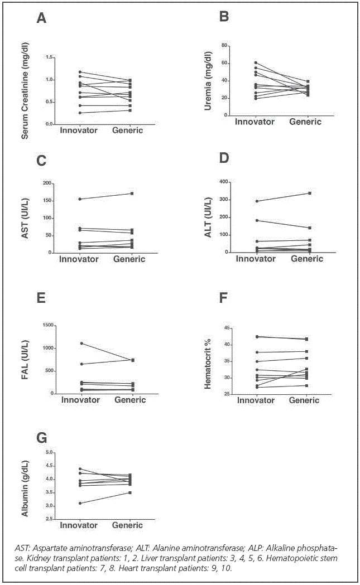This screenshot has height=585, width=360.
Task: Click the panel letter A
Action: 41,18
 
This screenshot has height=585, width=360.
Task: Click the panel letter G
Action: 41,437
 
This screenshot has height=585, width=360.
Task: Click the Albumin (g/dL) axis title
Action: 25,485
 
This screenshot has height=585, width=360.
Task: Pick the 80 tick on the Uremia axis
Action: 223,45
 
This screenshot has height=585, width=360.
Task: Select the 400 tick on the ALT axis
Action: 222,182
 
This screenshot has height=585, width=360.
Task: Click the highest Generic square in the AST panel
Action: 132,194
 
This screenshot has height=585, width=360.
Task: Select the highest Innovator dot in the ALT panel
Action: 257,201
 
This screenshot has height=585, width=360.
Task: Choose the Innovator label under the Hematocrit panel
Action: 256,400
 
